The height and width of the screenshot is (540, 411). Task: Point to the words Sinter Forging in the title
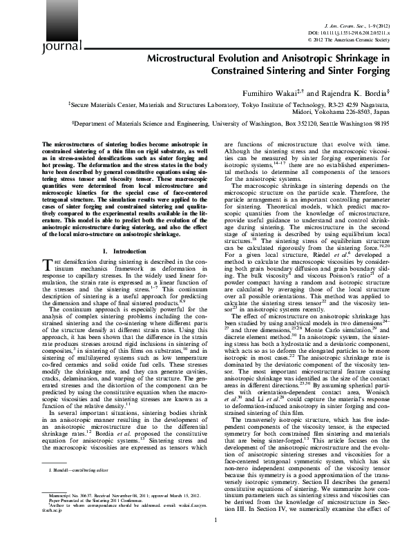click(356, 72)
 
